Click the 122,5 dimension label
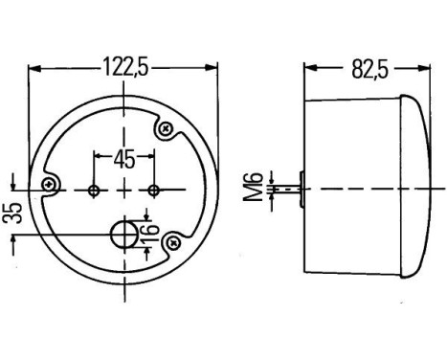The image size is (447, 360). click(x=123, y=67)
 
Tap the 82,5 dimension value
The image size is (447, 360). click(x=366, y=67)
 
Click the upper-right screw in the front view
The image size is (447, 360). click(x=168, y=126)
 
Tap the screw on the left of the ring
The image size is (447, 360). click(x=49, y=182)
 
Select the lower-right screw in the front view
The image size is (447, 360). click(x=172, y=243)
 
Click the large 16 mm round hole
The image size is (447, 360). click(x=123, y=234)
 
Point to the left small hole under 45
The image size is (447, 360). click(x=93, y=190)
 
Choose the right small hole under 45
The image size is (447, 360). click(x=154, y=190)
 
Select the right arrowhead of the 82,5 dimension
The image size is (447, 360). click(x=422, y=68)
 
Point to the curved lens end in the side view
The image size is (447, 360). click(x=418, y=189)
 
